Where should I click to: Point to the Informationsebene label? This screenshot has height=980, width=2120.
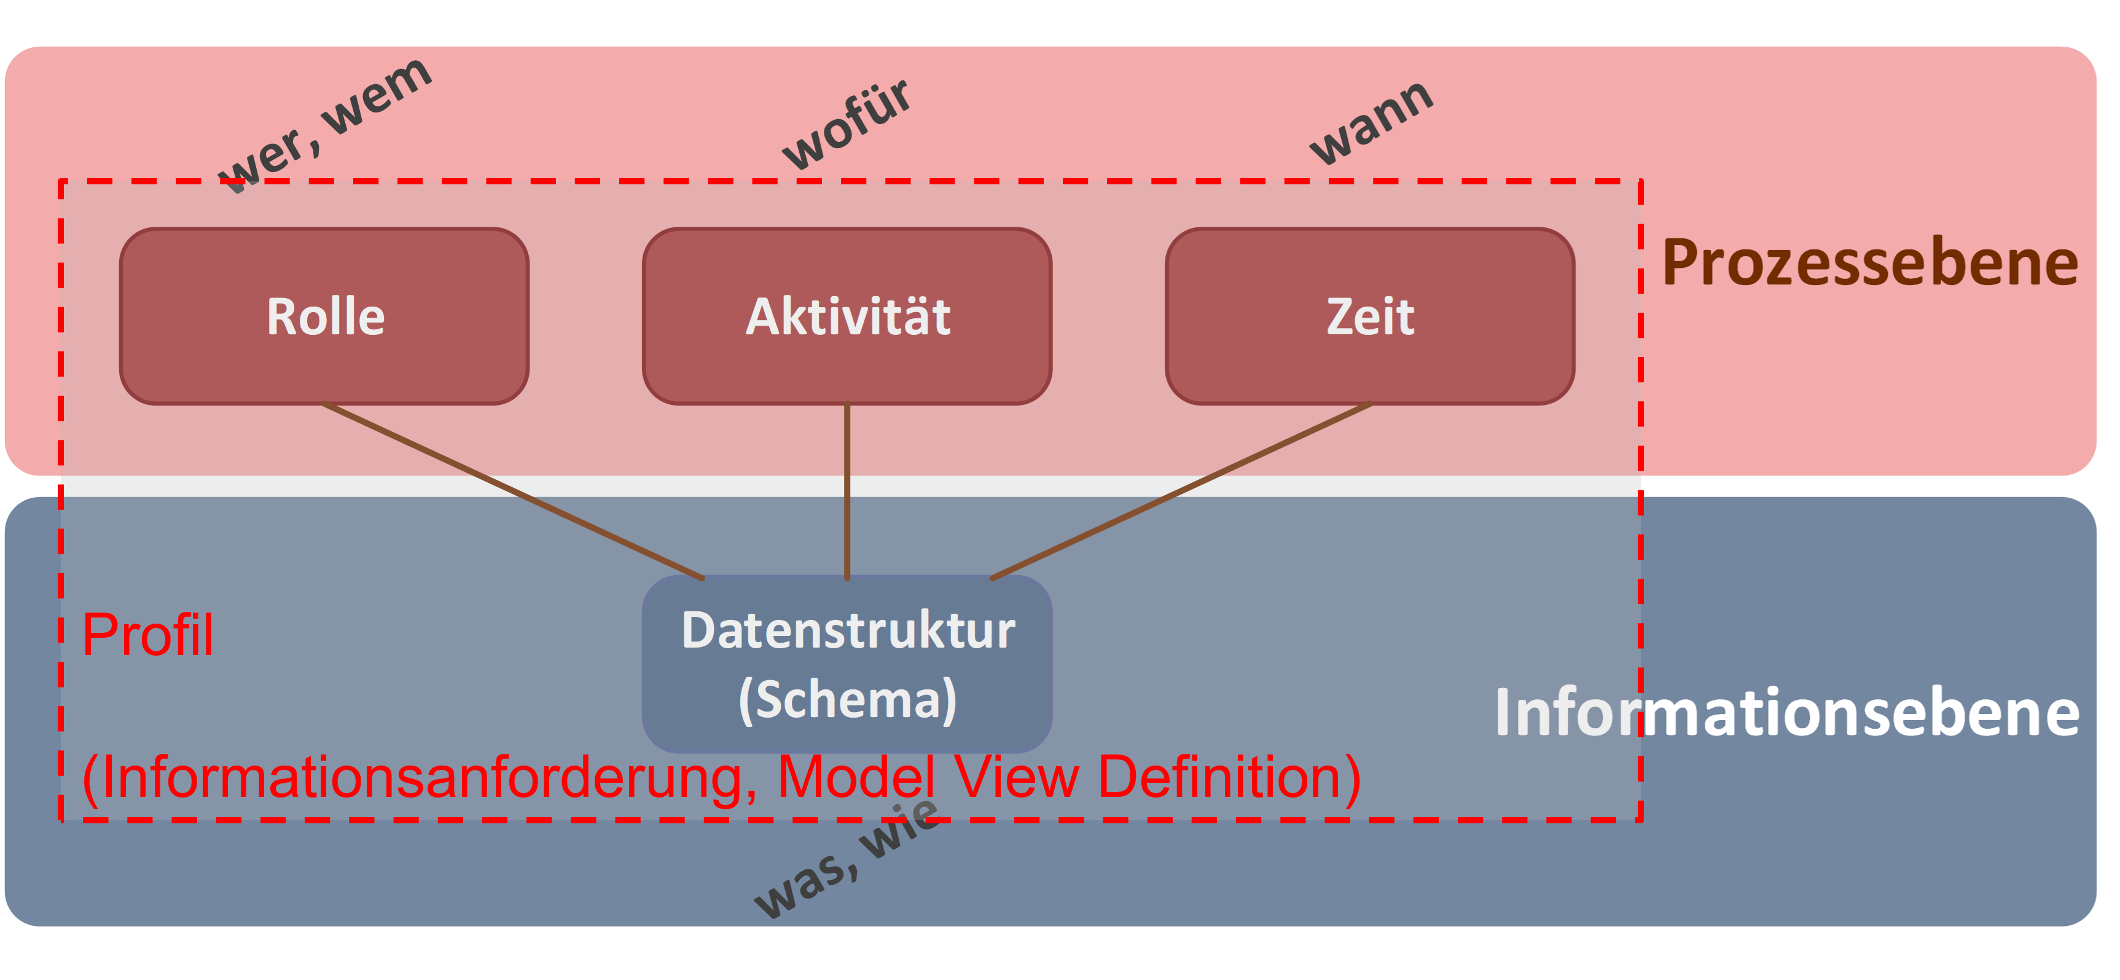coord(1786,713)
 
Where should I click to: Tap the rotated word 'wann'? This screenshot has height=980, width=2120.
coord(1371,122)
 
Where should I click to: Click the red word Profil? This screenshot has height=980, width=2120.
coord(148,635)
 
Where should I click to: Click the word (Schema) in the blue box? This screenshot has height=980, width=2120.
coord(848,699)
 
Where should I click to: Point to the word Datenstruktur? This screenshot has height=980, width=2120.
coord(848,630)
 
